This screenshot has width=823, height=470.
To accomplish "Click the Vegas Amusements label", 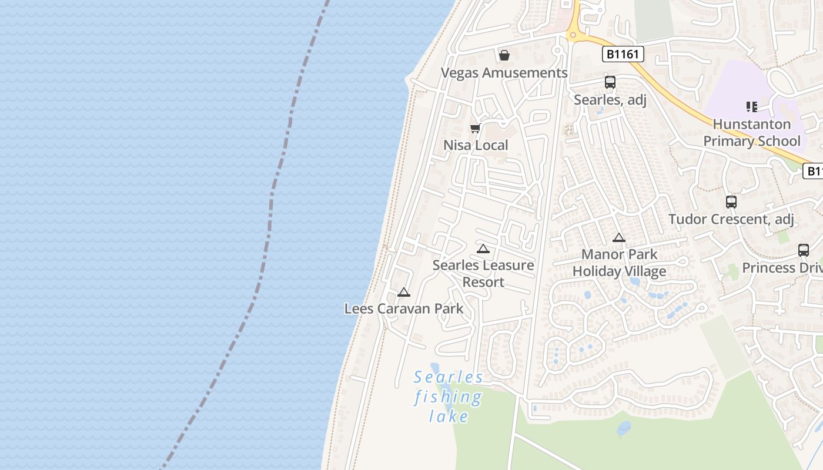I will click(504, 73).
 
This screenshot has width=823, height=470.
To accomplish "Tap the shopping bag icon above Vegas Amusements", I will click(504, 55).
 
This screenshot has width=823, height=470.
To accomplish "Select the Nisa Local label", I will click(476, 145).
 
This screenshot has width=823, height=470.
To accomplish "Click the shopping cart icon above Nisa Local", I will click(475, 128).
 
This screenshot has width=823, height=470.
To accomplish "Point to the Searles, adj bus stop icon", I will click(610, 82).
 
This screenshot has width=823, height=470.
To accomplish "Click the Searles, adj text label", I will click(610, 100).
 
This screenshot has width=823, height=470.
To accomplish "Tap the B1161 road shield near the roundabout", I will click(623, 55).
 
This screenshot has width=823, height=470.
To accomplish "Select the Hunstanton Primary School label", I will click(752, 133).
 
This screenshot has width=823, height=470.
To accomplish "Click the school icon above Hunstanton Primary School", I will click(752, 107).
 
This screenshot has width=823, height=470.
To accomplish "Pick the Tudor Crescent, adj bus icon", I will click(731, 202).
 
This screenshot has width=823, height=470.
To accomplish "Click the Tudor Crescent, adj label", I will click(731, 220).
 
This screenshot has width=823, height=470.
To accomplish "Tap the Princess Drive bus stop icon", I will click(804, 250).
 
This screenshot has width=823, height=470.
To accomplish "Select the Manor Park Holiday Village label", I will click(619, 263).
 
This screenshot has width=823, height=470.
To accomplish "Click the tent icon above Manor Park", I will click(618, 238).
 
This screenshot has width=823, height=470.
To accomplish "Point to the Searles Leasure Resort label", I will click(483, 273).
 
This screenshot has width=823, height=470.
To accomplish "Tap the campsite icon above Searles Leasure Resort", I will click(483, 249).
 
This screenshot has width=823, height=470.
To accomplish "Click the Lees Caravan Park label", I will click(404, 308).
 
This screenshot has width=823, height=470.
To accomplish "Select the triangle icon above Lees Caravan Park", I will click(404, 292).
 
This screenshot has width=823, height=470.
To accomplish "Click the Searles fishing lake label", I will click(449, 397).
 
